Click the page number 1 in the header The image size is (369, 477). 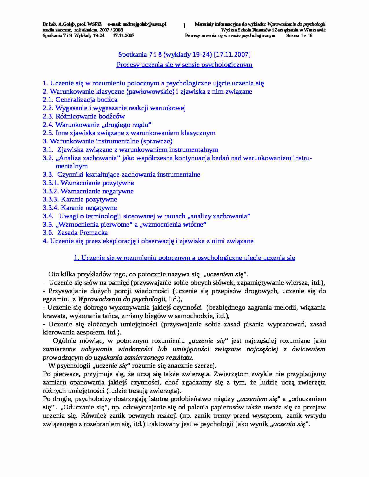184,26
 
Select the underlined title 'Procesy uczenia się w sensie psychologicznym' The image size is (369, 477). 184,65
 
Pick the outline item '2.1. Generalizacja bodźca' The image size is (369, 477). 80,100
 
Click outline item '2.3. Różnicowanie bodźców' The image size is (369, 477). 84,117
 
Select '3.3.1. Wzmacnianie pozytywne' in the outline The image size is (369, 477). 89,183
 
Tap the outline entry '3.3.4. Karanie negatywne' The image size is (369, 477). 80,208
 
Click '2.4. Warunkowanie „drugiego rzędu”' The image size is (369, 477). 97,125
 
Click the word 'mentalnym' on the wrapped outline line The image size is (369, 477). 71,166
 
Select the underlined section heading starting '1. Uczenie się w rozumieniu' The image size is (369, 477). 184,258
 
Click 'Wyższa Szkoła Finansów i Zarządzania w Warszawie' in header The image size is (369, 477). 273,30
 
